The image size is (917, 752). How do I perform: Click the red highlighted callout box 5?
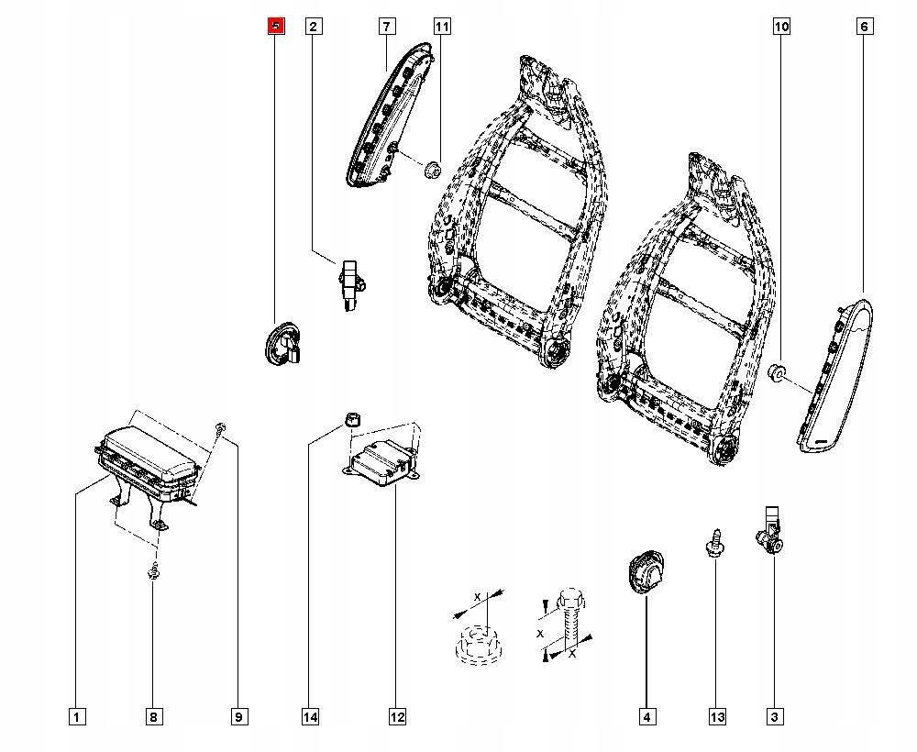276,27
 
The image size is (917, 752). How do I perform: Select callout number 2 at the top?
313,27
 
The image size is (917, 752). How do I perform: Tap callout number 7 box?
386,27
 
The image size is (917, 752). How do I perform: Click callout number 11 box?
442,27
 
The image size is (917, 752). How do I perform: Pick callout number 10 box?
781,27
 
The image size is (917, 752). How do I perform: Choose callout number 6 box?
864,27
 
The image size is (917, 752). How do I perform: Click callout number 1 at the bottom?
77,716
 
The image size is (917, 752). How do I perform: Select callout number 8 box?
153,716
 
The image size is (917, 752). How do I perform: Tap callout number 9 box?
238,716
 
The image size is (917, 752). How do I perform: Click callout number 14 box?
312,716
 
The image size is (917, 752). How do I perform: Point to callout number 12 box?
396,716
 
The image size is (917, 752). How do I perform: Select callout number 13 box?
716,716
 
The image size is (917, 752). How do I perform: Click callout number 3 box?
775,716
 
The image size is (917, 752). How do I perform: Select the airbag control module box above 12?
378,461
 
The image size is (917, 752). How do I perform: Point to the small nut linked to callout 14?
350,419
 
